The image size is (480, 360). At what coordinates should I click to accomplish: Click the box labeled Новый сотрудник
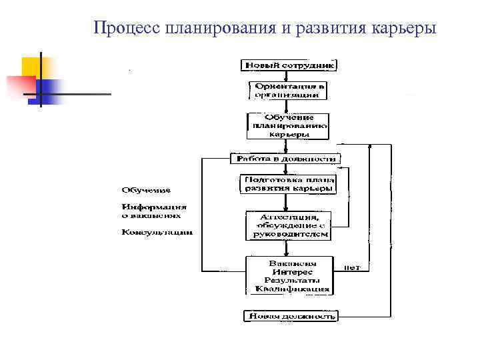289,65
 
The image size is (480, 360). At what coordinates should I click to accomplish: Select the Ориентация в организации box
289,90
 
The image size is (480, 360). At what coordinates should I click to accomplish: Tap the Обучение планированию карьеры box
288,125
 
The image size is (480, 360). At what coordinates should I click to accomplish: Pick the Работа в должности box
285,159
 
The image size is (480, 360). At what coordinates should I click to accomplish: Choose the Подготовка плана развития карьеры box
288,184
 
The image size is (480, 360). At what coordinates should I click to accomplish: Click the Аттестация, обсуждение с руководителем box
288,226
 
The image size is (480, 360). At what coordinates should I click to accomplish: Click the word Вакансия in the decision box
288,263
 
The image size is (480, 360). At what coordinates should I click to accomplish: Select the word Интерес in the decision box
288,272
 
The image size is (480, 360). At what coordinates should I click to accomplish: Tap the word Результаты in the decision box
288,280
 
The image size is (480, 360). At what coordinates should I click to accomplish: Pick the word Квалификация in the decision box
288,289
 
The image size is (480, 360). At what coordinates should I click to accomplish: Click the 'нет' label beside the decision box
352,267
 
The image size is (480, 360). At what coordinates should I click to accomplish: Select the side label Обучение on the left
145,190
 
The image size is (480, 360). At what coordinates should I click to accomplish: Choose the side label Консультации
157,233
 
